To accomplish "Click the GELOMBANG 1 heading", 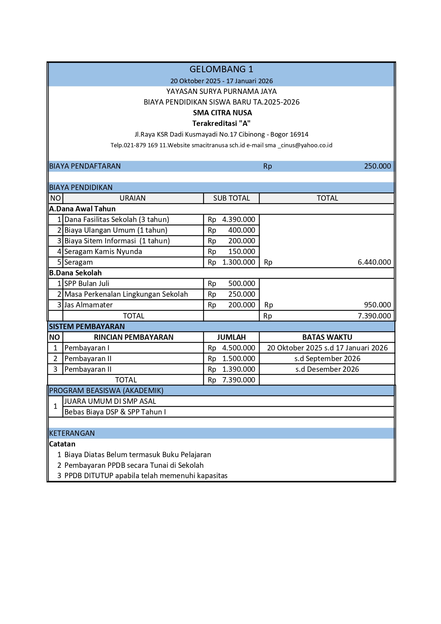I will (x=221, y=69).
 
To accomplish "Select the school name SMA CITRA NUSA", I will (x=222, y=113).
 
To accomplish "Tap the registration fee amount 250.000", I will (x=377, y=166).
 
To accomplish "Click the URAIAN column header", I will (x=132, y=198).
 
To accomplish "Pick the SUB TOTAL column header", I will (x=232, y=198).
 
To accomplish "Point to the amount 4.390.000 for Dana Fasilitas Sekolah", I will (x=239, y=220).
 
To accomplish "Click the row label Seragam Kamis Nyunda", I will (x=103, y=252).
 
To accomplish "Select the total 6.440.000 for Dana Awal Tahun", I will (x=374, y=262).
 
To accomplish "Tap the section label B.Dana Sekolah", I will (x=75, y=273).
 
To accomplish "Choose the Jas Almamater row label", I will (x=89, y=305).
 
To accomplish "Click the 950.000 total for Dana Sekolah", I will (x=377, y=305).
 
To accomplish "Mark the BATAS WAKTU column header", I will (x=327, y=337).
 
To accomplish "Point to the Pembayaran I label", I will (x=87, y=348).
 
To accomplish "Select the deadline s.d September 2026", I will (x=327, y=359).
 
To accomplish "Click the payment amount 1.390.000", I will (x=239, y=369).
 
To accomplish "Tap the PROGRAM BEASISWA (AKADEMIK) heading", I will (x=106, y=391).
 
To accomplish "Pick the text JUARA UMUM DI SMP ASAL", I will (x=110, y=401).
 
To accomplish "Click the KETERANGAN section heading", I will (x=72, y=433).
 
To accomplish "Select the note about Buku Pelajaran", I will (x=138, y=455).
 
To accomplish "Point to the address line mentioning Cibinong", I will (x=221, y=134).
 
